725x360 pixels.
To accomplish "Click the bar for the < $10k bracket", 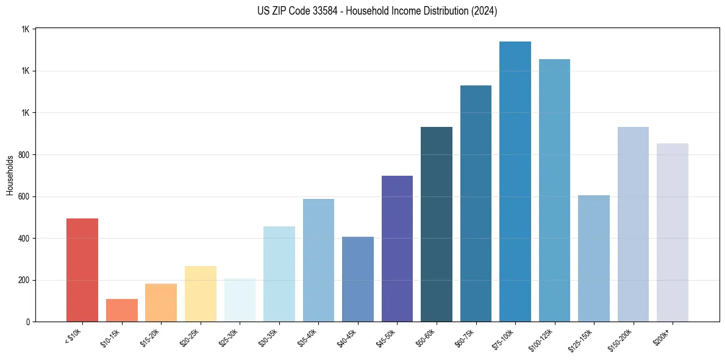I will [x=82, y=270].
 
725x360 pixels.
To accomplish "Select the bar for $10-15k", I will [x=121, y=310].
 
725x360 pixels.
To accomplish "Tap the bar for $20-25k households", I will [x=200, y=293].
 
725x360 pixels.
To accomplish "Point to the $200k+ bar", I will [x=673, y=232].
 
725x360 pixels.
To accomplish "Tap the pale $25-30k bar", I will [x=240, y=300].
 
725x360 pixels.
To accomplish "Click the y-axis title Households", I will [x=10, y=175].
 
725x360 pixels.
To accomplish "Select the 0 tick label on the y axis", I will [x=28, y=322].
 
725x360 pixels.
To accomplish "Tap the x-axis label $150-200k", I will [x=622, y=337].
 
